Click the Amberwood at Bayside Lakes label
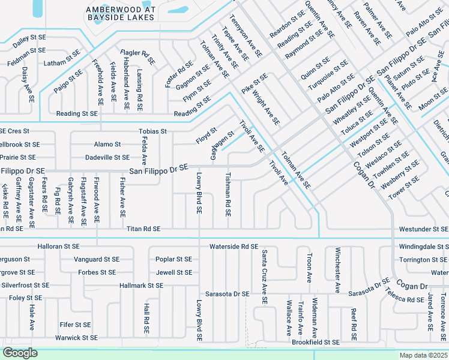pos(120,13)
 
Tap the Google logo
pos(20,353)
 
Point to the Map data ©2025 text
pos(424,355)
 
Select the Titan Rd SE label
pos(143,229)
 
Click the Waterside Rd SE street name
pos(234,247)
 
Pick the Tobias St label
pos(152,131)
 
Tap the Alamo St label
pos(107,145)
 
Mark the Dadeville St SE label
pos(107,157)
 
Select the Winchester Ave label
pos(338,270)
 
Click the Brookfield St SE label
pos(316,342)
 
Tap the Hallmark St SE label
pos(141,286)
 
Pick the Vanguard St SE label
pos(97,259)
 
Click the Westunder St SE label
pos(423,229)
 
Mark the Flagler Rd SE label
pos(137,58)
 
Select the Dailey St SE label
pos(29,37)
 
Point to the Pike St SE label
pos(255,83)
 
